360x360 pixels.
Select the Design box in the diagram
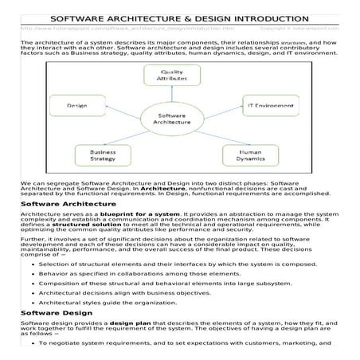pos(77,105)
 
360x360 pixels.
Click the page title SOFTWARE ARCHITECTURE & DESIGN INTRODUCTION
pos(180,18)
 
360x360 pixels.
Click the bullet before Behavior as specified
pos(31,272)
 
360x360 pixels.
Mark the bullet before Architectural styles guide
pos(31,302)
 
